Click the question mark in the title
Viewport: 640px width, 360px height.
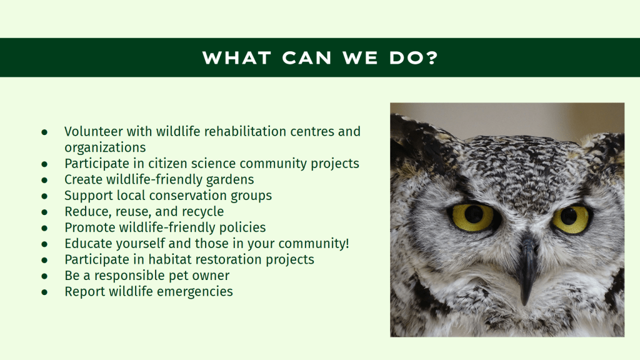(x=432, y=57)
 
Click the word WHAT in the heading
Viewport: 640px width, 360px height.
(x=237, y=57)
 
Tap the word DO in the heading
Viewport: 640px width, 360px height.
(x=406, y=57)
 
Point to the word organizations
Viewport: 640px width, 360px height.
(x=105, y=147)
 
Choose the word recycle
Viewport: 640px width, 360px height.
(x=203, y=211)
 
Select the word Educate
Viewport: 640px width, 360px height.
(x=88, y=243)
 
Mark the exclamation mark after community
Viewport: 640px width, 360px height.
(x=347, y=243)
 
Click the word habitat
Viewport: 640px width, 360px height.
(x=170, y=259)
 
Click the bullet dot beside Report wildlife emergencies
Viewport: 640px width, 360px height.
(x=44, y=292)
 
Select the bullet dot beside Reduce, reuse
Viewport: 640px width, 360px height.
(x=44, y=212)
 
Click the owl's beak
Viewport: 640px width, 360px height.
(x=528, y=269)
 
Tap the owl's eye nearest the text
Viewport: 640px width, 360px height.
(x=474, y=216)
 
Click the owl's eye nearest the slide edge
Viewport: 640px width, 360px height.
(x=571, y=219)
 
